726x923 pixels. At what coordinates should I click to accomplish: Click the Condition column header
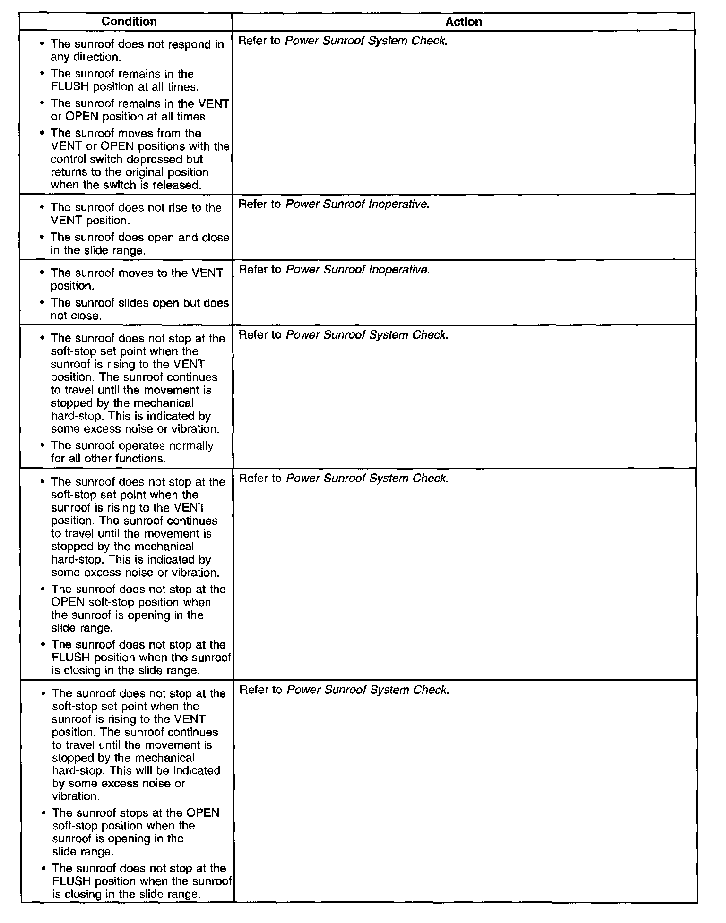[129, 22]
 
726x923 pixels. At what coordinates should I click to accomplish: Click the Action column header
[463, 22]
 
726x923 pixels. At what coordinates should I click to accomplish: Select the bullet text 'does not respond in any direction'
[137, 51]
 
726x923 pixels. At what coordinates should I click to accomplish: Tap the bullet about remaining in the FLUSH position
[124, 80]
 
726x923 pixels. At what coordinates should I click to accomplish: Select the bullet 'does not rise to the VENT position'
[136, 214]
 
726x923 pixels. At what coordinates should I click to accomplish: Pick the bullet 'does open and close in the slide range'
[139, 244]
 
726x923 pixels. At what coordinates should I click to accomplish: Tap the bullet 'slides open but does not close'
[139, 309]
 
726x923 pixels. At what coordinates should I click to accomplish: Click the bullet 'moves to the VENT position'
[136, 280]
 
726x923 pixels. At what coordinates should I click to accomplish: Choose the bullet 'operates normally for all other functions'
[132, 453]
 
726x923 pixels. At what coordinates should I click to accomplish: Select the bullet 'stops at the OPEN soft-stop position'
[136, 832]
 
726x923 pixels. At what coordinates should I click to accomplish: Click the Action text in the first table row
[343, 41]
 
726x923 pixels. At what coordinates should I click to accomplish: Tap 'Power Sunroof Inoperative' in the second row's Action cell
[357, 205]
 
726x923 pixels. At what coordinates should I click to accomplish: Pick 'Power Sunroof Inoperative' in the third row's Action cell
[358, 270]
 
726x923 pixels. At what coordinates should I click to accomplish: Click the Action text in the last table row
[344, 690]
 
